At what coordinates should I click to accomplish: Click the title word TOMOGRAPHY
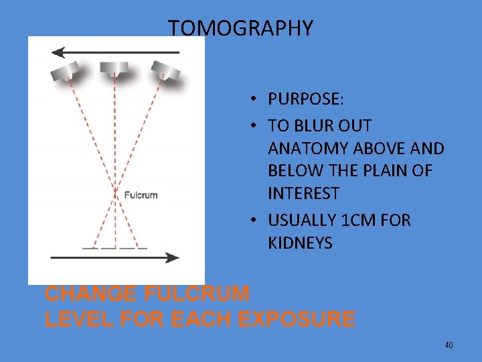point(240,28)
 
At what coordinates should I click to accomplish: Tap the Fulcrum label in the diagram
point(141,195)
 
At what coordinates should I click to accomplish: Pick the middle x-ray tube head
point(114,68)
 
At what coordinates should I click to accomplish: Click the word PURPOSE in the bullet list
point(305,99)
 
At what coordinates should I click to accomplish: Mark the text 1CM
point(359,221)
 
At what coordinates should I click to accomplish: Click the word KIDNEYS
point(300,243)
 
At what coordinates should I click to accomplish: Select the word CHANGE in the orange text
point(82,294)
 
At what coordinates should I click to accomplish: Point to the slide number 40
point(449,345)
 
